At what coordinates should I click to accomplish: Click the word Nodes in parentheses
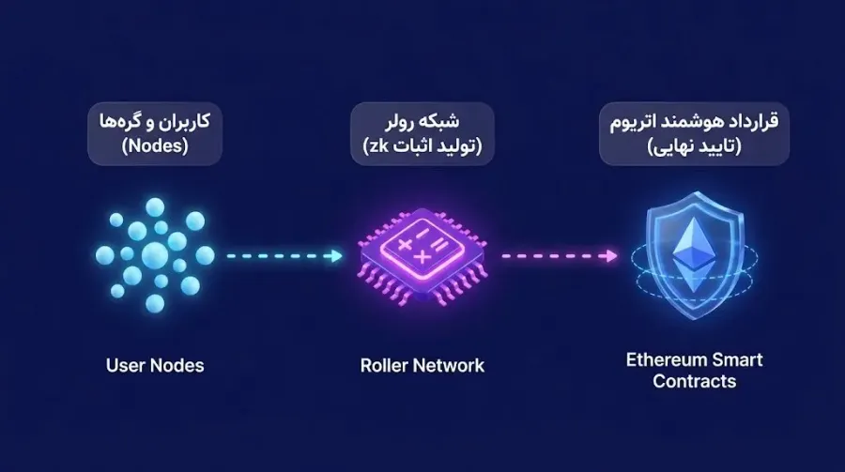155,145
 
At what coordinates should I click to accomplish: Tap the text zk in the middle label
380,145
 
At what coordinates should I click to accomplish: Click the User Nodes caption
155,365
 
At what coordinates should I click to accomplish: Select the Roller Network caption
422,365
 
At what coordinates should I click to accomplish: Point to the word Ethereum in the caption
666,359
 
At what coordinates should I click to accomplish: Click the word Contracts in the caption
694,381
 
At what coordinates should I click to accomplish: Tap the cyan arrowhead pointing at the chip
337,255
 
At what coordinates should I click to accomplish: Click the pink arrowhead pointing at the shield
611,255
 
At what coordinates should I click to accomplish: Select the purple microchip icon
422,257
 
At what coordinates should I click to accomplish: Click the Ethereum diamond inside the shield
693,247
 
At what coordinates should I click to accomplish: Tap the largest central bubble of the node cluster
155,254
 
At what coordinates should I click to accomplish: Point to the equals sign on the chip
439,246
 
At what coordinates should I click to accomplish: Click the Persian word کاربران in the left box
185,121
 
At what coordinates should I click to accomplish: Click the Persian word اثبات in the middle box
413,146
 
